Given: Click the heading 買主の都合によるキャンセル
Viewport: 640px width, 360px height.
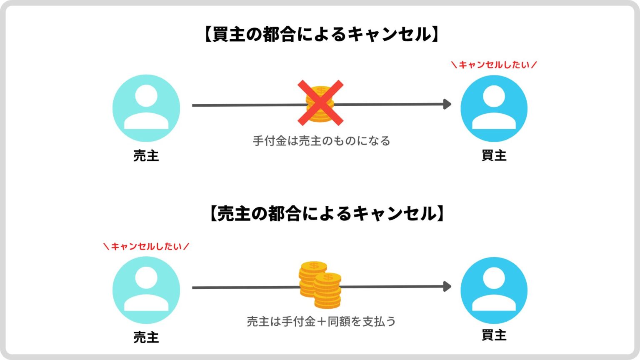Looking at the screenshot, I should (321, 35).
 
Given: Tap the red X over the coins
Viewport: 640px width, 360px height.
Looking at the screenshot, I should (320, 102).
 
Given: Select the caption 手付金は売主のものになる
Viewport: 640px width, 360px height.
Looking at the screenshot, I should (321, 141).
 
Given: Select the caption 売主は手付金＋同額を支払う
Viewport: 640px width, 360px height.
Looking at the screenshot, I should (321, 322).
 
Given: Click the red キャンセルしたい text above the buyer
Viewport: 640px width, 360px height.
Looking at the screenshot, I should (494, 65).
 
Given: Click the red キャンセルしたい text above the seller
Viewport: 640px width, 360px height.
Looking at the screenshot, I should (146, 246).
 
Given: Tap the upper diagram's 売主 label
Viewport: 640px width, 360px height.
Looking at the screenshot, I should (146, 156).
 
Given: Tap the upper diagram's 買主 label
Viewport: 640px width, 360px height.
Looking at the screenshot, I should (494, 155).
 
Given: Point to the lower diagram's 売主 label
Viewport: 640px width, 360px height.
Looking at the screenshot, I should (146, 337).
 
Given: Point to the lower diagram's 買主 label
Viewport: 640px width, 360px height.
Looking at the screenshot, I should (494, 335).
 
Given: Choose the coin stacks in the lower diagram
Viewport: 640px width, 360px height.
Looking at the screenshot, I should (320, 285).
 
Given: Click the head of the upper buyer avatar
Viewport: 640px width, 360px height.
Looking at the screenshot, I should (494, 96).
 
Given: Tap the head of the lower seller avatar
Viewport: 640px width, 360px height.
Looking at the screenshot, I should (146, 278).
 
